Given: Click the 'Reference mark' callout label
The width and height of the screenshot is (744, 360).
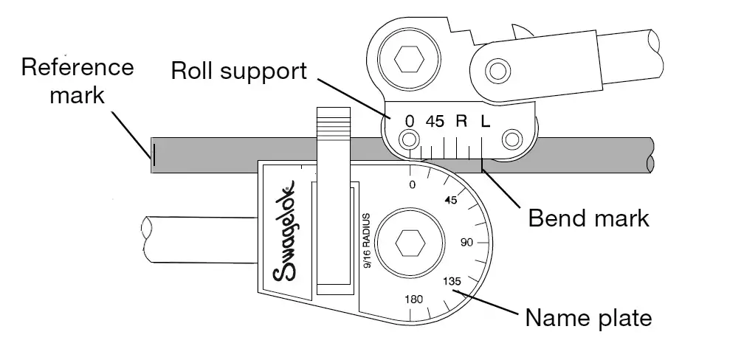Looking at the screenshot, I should tap(77, 80).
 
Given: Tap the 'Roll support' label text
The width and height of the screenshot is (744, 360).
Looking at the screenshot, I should tap(238, 71).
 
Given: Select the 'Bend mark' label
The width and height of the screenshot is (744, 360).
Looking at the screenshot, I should tap(589, 218).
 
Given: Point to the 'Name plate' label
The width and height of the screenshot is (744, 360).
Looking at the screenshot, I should tap(588, 319).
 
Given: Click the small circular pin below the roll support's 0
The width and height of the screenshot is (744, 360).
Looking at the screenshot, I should tap(408, 139).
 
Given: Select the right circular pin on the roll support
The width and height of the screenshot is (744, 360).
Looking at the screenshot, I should tap(510, 139).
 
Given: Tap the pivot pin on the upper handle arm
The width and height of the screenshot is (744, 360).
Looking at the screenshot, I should tap(496, 72).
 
